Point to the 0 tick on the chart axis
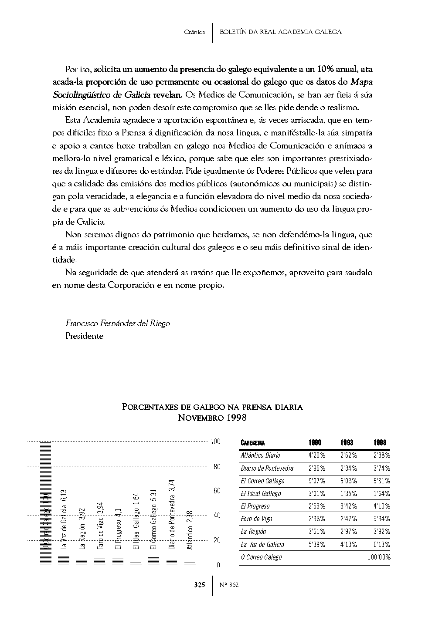218,565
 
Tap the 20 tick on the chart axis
216,540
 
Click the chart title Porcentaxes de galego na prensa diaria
212,408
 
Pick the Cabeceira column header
253,443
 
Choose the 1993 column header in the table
347,443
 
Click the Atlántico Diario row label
260,455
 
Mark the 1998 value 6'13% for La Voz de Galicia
381,544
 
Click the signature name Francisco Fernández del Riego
118,324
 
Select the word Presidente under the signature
85,336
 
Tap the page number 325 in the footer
200,585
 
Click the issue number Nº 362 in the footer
229,585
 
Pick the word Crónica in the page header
194,32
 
